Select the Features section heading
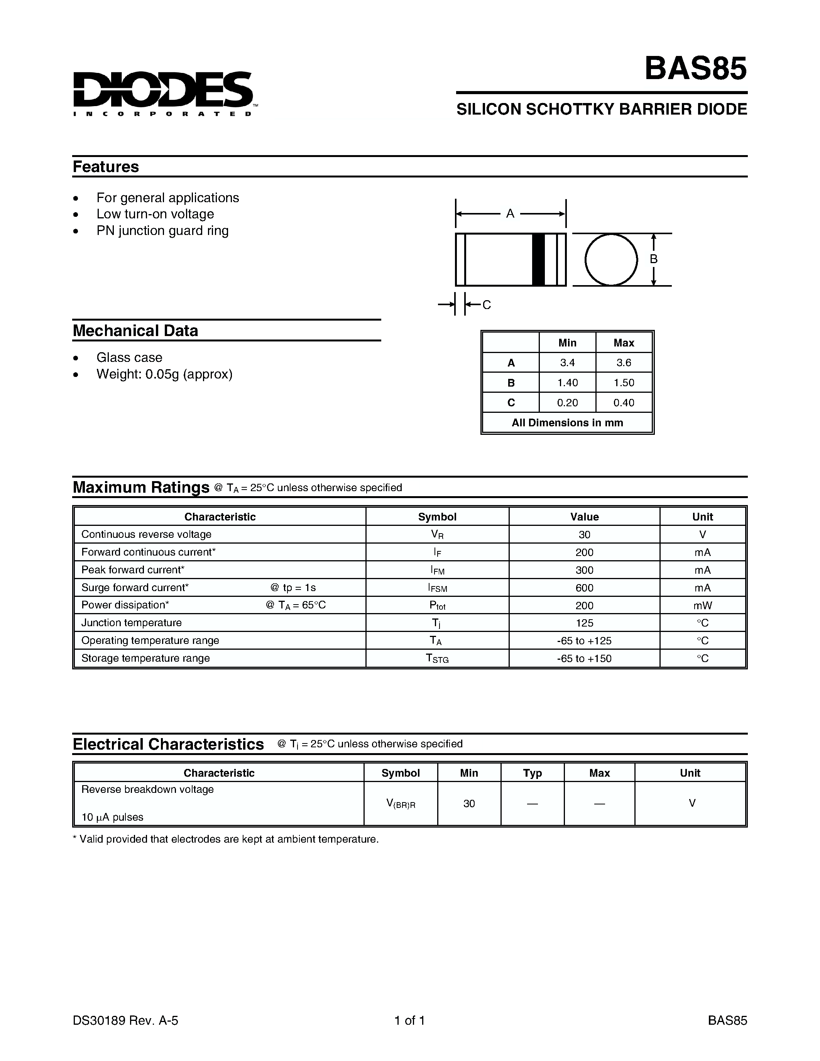106,167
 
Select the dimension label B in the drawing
654,259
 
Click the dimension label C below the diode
486,304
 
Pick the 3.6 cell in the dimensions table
624,363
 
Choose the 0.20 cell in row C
567,403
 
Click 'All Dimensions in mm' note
567,422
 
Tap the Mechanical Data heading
135,331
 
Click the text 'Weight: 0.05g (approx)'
164,374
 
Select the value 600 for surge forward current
584,588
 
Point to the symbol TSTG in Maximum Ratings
437,658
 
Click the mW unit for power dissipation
702,605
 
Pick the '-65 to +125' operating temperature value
584,641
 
